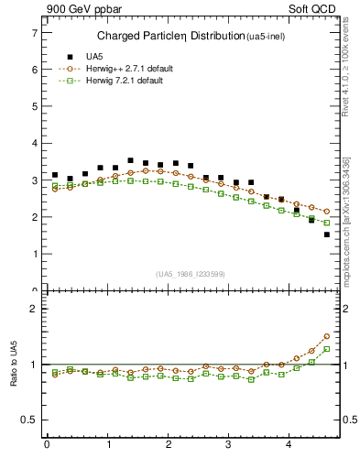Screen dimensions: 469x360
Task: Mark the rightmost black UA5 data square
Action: [x=326, y=234]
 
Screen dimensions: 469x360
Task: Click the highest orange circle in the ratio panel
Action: [x=326, y=336]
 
